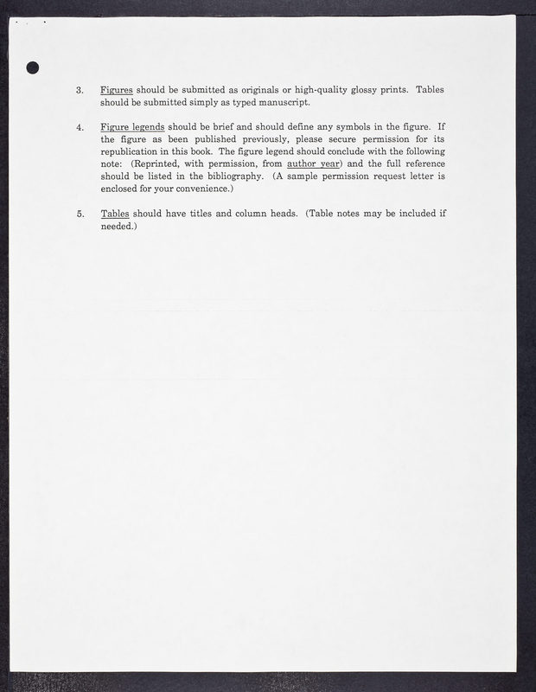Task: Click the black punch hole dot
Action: click(34, 68)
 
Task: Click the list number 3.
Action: click(80, 90)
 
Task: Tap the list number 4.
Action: click(80, 127)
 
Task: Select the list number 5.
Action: click(80, 214)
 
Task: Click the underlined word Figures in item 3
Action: click(116, 90)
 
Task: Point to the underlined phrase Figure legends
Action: click(132, 127)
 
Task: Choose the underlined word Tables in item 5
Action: click(115, 214)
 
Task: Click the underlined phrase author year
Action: click(314, 163)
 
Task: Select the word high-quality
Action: click(322, 90)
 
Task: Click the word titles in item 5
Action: click(217, 214)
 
